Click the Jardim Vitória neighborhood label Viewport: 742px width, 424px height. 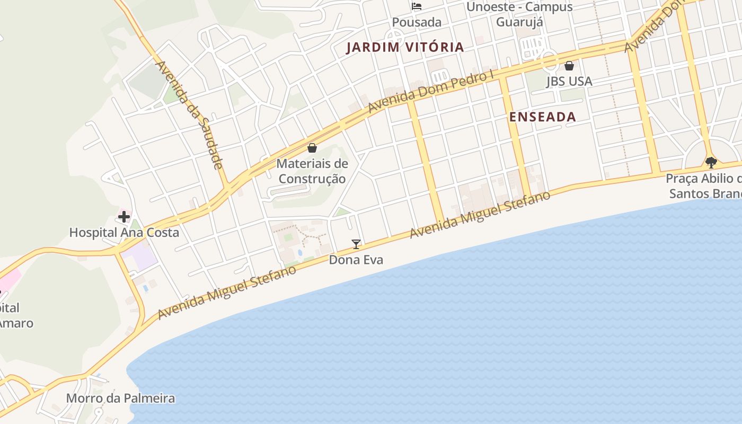pos(405,47)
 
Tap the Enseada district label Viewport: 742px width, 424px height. pos(542,117)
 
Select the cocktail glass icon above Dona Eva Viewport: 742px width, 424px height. pos(356,244)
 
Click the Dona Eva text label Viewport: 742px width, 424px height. pos(356,260)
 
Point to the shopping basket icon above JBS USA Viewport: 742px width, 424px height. pos(569,66)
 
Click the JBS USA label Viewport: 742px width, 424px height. pos(569,82)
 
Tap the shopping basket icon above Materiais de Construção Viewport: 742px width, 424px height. pos(312,148)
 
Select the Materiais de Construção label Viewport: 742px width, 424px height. pos(312,171)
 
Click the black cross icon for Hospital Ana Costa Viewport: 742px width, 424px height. pos(124,217)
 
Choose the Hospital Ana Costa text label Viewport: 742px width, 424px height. pos(124,233)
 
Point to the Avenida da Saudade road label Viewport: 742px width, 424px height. pos(189,114)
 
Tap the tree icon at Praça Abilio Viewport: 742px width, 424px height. pos(711,163)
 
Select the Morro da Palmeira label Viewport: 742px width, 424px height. pos(120,398)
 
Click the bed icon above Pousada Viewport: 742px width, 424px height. pos(417,6)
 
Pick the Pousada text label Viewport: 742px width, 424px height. pos(417,22)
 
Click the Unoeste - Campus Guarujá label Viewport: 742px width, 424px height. pos(519,14)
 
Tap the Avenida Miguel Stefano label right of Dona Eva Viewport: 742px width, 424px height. pos(480,215)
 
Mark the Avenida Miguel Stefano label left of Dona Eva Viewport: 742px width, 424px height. pos(227,292)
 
